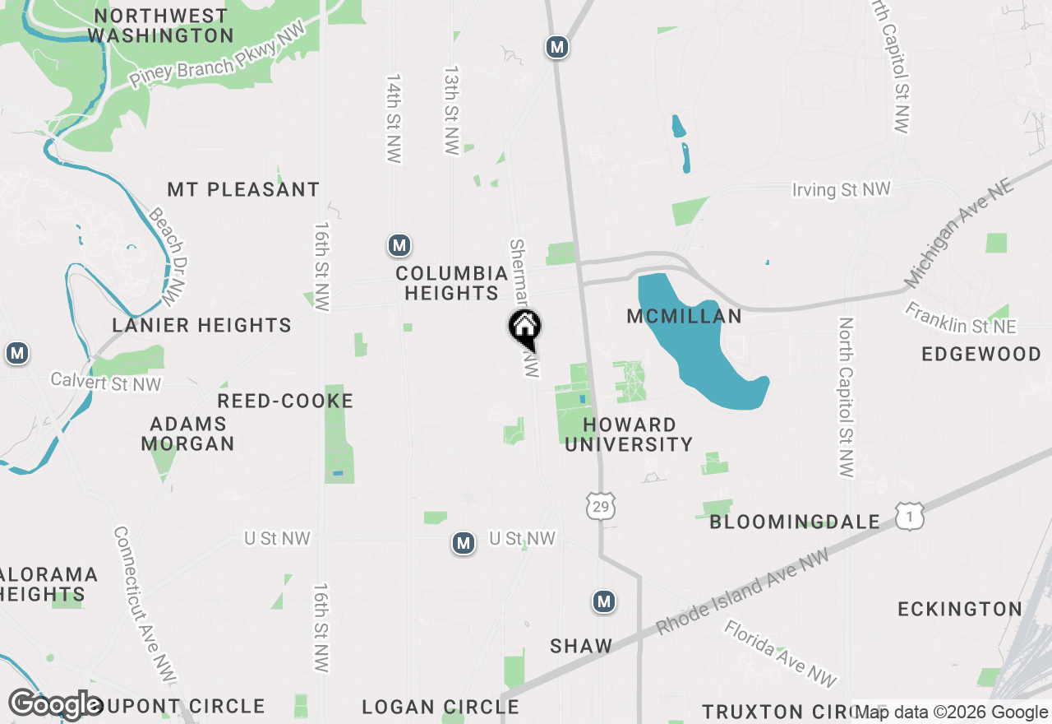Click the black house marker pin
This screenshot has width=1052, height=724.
(x=524, y=328)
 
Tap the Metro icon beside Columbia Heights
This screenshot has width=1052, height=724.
(x=399, y=245)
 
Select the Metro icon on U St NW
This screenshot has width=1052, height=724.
(x=464, y=543)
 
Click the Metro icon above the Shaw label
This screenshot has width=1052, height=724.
(x=604, y=601)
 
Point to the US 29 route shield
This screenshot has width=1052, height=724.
(x=601, y=506)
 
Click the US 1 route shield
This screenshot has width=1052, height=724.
(x=910, y=517)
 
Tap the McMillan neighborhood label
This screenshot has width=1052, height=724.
(x=684, y=317)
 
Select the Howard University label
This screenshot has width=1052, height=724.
(x=629, y=434)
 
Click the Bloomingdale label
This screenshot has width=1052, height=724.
(x=795, y=522)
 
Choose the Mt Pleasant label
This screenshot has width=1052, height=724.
(x=243, y=189)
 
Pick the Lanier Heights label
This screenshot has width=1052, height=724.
(x=202, y=326)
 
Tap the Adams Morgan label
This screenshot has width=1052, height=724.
(x=187, y=434)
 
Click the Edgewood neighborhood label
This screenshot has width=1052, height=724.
(x=981, y=355)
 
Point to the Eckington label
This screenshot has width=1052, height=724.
(x=960, y=610)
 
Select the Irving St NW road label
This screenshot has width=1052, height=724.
(x=841, y=190)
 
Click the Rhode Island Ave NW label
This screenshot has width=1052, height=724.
(x=743, y=592)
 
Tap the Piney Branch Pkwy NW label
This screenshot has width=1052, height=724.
(x=218, y=55)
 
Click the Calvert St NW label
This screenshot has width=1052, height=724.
(x=106, y=382)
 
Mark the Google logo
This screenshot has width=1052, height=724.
(x=55, y=704)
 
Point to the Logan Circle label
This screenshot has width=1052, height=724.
(x=441, y=708)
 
